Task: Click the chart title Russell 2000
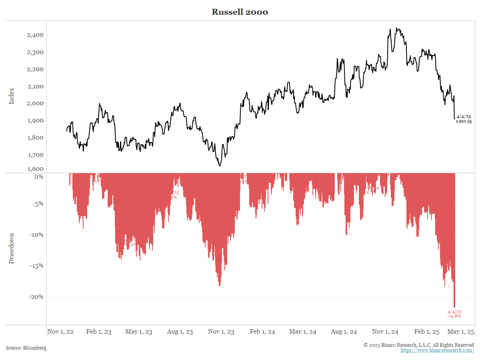(240, 12)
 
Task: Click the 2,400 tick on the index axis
(35, 35)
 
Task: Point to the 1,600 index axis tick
(35, 169)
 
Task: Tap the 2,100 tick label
(35, 86)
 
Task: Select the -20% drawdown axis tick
(36, 297)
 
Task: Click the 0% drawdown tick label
(39, 176)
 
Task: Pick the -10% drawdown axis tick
(36, 235)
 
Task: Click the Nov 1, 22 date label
(60, 332)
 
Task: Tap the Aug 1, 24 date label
(344, 332)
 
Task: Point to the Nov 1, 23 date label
(221, 332)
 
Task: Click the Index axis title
(12, 96)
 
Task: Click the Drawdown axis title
(12, 248)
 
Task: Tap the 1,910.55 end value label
(464, 121)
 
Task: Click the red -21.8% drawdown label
(454, 316)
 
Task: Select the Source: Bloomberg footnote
(26, 348)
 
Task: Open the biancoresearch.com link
(437, 350)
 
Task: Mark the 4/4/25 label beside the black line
(464, 116)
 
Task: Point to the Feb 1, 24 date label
(262, 332)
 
